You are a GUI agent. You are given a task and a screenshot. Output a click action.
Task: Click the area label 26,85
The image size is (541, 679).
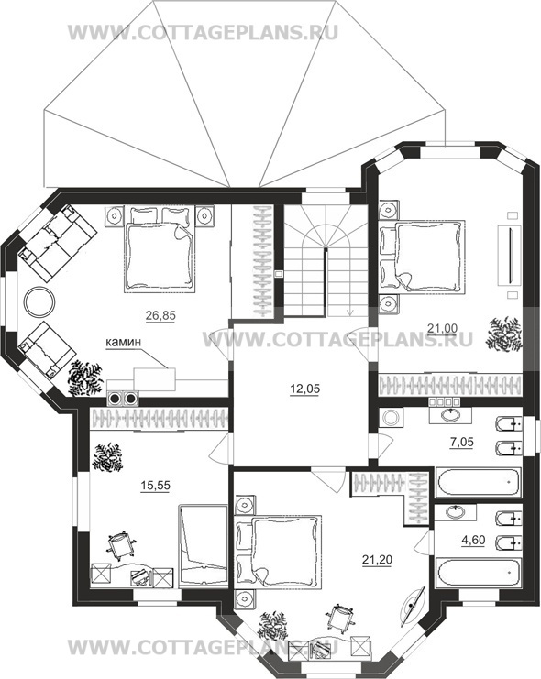160,316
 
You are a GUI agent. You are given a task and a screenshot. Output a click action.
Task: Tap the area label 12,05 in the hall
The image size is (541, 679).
304,389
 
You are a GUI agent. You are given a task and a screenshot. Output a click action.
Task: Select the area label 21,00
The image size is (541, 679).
442,329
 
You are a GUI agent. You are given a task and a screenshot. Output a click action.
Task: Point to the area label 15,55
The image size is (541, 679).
156,486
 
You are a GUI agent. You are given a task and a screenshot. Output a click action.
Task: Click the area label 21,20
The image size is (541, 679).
377,560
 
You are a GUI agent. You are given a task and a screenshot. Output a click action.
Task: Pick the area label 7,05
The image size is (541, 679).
462,443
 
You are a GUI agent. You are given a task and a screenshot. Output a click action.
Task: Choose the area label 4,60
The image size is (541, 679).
473,541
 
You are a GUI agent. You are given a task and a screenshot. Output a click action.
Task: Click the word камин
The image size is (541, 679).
124,342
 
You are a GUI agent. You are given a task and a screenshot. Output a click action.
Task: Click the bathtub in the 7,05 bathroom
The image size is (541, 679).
479,483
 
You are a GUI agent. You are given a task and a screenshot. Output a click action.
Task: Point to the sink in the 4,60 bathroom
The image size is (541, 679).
456,513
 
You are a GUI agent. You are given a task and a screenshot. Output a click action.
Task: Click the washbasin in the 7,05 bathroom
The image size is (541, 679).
451,415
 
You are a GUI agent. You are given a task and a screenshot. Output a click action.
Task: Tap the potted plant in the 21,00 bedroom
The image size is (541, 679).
504,334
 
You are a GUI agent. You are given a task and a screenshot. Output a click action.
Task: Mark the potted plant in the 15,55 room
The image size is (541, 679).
107,457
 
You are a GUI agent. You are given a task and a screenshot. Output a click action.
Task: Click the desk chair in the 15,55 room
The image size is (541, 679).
121,545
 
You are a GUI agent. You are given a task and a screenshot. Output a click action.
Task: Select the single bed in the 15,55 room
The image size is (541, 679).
203,546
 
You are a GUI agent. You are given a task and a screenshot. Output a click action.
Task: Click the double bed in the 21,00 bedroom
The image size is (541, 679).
422,257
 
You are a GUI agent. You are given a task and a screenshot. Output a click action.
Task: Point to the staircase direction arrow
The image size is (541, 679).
350,310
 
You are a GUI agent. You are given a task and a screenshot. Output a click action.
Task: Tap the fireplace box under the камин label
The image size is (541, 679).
154,379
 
